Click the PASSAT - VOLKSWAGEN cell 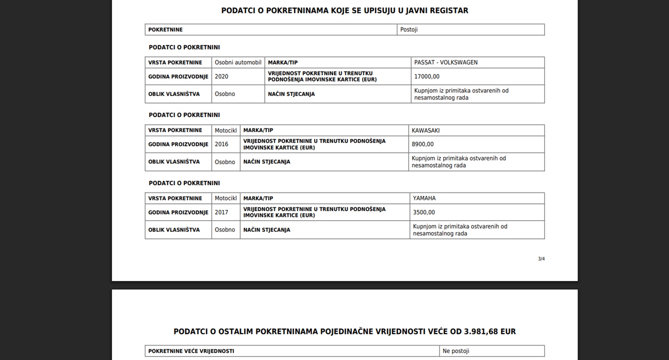(x=446, y=62)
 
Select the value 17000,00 (x=426, y=77)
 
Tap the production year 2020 (x=221, y=77)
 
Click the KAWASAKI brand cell (x=425, y=130)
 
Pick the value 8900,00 (x=422, y=144)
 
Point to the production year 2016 (x=221, y=144)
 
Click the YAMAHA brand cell (x=424, y=198)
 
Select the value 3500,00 (x=424, y=212)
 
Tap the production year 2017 (x=221, y=212)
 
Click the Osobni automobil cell (x=238, y=62)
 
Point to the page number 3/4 (x=541, y=259)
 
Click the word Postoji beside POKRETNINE (x=409, y=30)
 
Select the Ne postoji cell (x=456, y=351)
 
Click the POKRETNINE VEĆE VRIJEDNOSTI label (x=191, y=351)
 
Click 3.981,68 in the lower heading (x=481, y=332)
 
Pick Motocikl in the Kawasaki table (x=225, y=130)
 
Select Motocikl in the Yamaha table (x=225, y=198)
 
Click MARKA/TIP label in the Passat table (x=283, y=62)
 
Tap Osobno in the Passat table (x=225, y=94)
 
